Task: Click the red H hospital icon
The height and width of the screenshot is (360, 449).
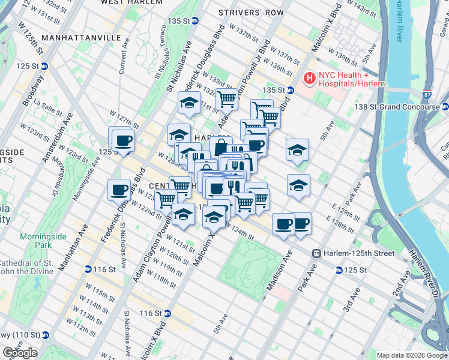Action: tap(309, 78)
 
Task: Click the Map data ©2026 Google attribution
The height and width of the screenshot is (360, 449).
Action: tap(411, 355)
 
